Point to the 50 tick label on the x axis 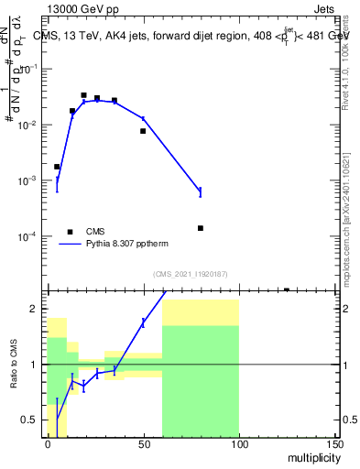(x=143, y=444)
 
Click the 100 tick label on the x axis (x=238, y=444)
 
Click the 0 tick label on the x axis (x=48, y=444)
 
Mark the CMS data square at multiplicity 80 (x=201, y=228)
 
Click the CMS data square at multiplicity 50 (x=143, y=131)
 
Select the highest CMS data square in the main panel (x=84, y=95)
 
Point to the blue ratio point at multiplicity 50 (x=143, y=322)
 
